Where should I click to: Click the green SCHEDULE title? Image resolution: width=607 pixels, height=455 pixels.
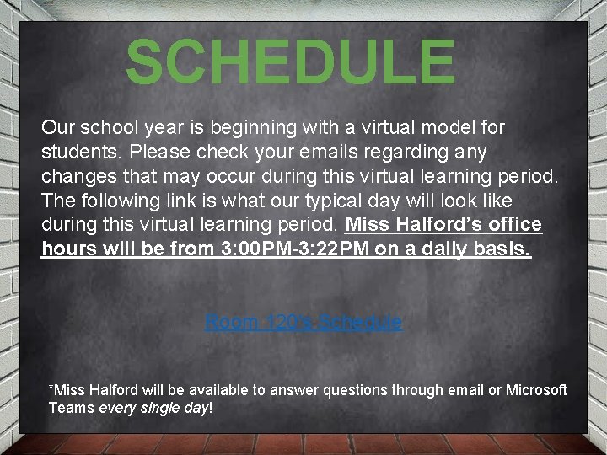point(290,62)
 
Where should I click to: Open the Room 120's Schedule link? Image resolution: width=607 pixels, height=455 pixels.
point(303,322)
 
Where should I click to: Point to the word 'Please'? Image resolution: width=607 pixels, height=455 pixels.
point(149,153)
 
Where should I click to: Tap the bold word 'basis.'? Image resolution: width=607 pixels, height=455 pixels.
point(502,250)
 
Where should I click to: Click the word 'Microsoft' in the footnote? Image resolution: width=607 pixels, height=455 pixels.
point(536,390)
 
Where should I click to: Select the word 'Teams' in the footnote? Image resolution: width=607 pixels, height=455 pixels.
point(72,408)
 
